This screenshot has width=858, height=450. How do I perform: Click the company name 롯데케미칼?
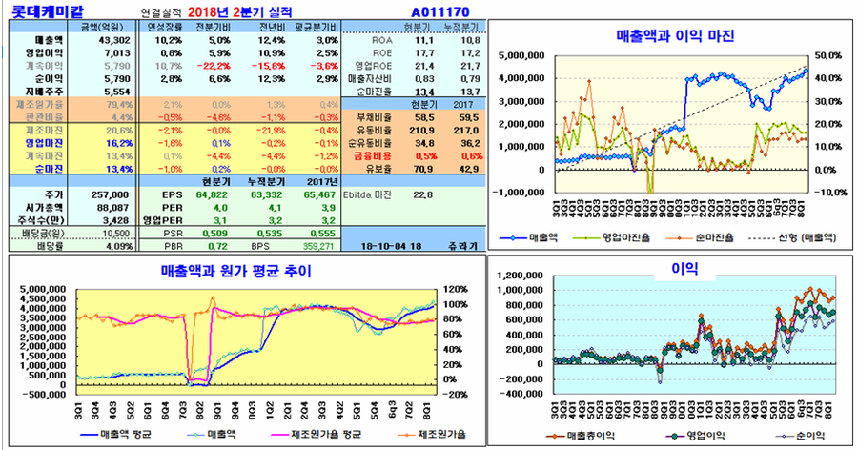point(39,11)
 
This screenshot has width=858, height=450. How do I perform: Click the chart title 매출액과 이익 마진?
point(675,36)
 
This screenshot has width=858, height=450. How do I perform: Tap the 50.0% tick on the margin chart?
point(827,55)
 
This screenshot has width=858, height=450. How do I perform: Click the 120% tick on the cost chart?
point(453,288)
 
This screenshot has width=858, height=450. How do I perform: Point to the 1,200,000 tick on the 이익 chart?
point(520,273)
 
